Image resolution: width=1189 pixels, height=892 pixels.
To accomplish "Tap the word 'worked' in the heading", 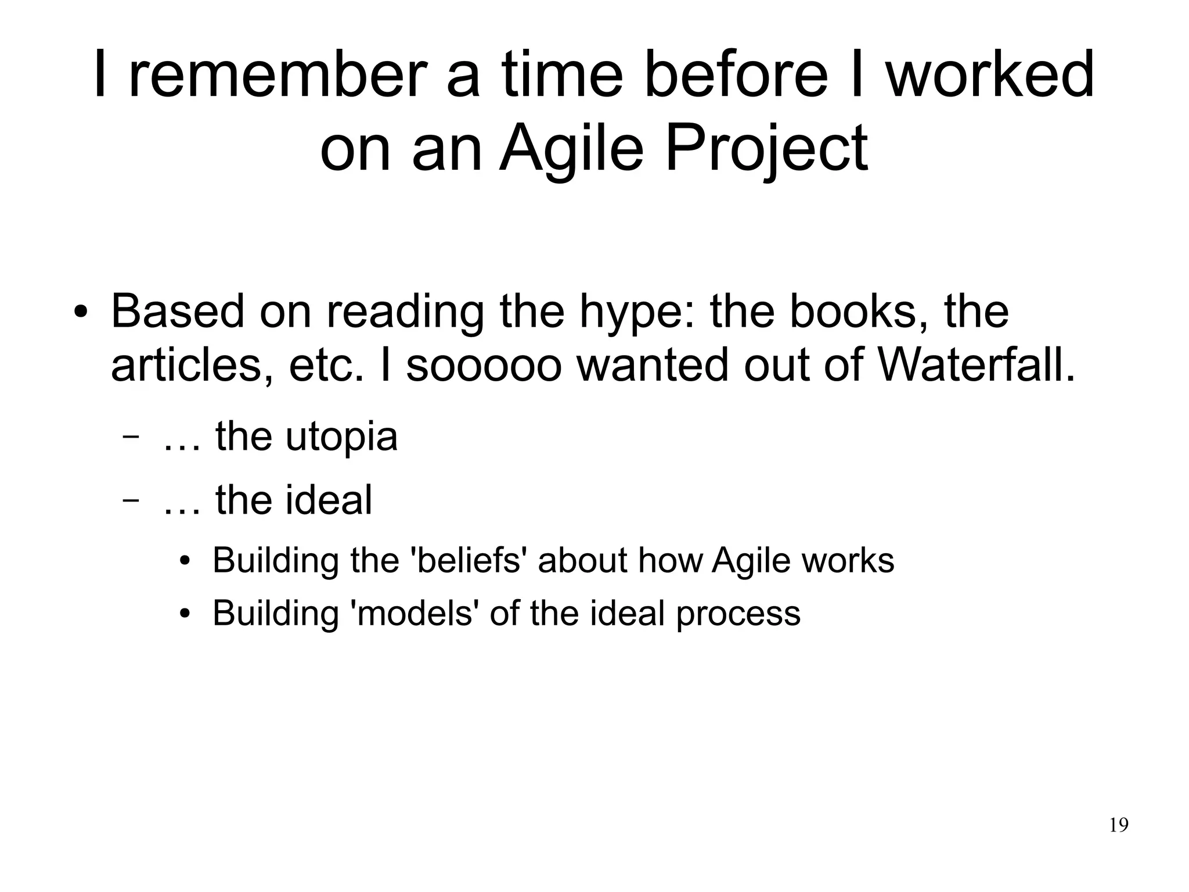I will click(990, 76).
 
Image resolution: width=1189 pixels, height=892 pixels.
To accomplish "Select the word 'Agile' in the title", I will click(571, 148).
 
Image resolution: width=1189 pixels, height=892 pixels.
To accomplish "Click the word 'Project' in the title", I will click(766, 148).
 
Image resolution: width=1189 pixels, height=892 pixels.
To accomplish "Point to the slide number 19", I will click(1118, 825).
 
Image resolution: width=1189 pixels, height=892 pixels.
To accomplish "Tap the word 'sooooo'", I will click(483, 366).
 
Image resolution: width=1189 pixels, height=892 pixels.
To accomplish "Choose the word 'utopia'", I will click(341, 437).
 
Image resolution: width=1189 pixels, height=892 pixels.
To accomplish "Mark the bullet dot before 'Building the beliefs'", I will click(185, 563).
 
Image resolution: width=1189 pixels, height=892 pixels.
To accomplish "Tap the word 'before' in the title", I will click(736, 76).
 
